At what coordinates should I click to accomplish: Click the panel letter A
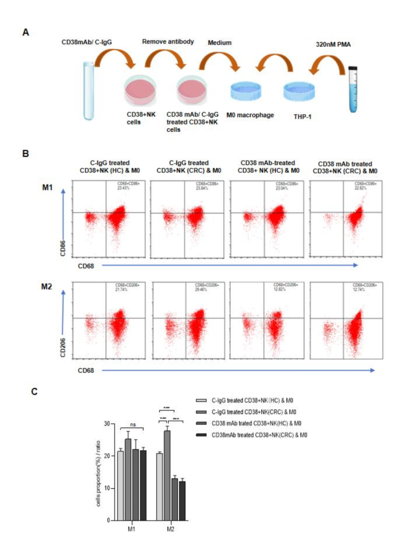26,32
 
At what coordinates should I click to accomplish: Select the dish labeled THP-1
299,92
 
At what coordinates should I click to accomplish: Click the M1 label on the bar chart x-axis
131,528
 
